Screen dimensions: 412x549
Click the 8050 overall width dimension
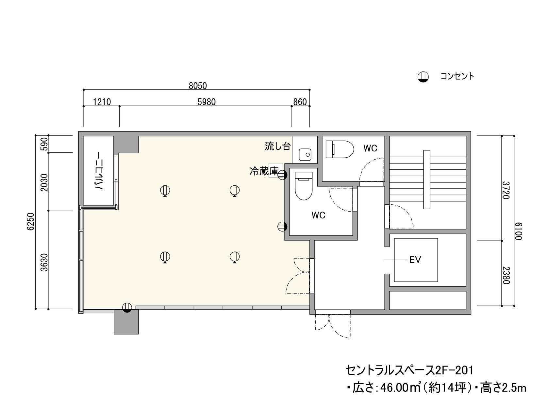(198, 86)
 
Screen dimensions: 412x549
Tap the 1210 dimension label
(102, 102)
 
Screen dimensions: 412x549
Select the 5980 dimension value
(207, 102)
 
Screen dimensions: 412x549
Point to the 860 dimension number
(300, 102)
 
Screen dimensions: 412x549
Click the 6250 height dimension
(31, 222)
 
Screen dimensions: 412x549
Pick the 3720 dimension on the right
(506, 190)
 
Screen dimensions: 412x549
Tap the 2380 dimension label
(506, 275)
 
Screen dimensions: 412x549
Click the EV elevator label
(415, 260)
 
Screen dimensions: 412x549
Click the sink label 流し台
(277, 146)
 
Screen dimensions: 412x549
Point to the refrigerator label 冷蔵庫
(264, 171)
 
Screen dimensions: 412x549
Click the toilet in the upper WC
(340, 149)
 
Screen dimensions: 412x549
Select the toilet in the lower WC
(304, 186)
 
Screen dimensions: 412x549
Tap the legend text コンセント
(457, 77)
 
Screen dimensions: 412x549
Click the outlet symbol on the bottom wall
(127, 307)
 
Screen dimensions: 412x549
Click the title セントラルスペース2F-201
(409, 370)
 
